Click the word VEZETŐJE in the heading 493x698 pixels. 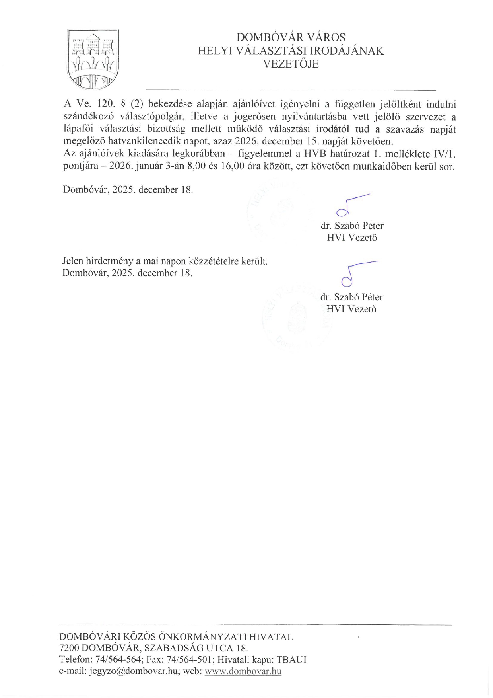pos(291,64)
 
